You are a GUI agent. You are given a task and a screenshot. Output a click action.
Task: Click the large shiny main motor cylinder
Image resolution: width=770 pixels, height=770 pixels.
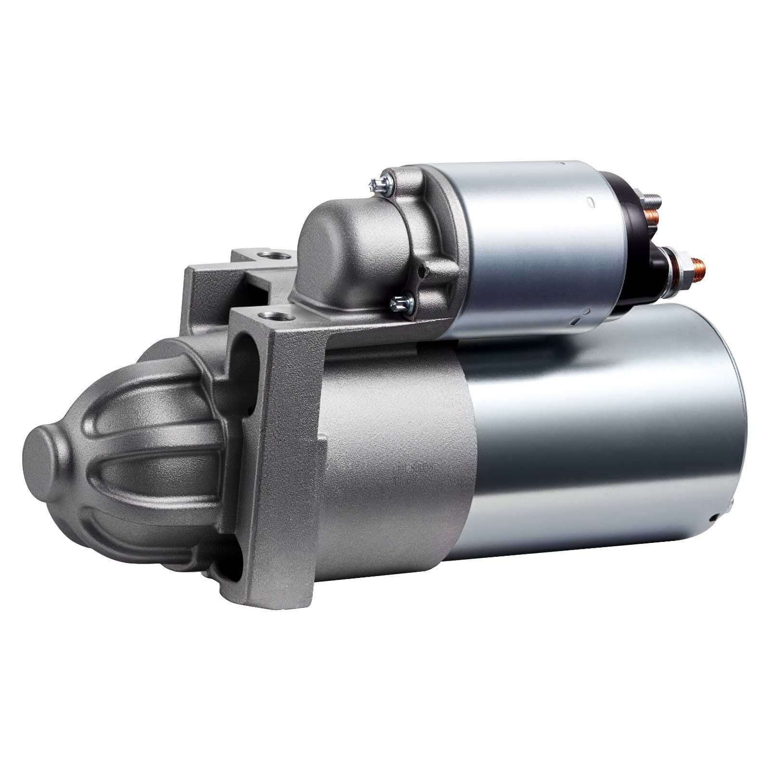point(602,448)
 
